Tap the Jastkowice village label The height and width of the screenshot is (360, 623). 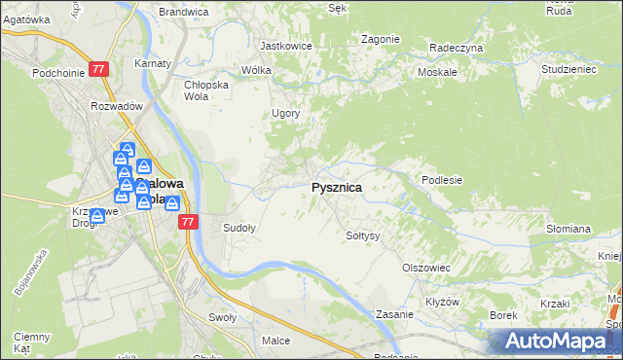284,46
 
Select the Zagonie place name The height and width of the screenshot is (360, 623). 380,39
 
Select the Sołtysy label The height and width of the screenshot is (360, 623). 362,235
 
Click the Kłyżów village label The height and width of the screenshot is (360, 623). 442,302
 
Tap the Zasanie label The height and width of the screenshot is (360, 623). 396,315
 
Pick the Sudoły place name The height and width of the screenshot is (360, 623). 239,229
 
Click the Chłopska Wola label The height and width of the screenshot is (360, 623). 205,90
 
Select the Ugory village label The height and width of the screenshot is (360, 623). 285,113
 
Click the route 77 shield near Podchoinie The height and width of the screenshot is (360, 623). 98,70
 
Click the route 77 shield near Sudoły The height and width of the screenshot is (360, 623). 189,223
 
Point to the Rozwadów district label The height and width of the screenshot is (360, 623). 117,106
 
